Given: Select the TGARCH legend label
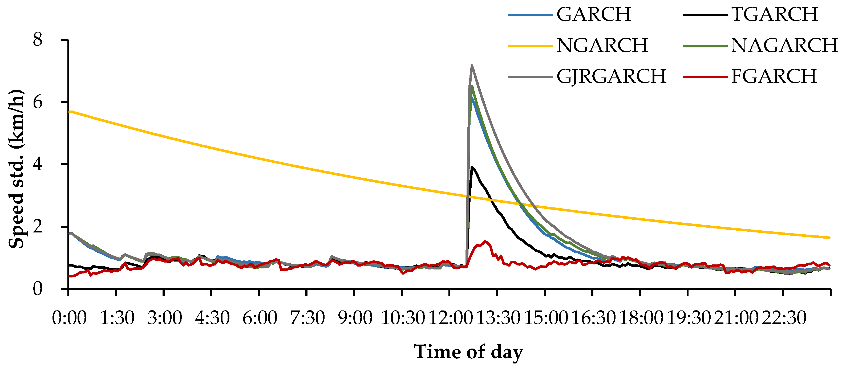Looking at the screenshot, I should click(x=774, y=14).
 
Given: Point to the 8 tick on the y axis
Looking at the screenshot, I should click(x=38, y=40).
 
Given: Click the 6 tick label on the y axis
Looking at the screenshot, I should click(x=38, y=102).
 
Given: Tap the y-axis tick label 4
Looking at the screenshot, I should click(x=38, y=164).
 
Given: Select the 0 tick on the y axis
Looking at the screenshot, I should click(x=38, y=289).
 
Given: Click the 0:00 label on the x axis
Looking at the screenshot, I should click(x=69, y=318).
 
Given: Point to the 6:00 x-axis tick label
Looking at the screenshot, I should click(x=260, y=318).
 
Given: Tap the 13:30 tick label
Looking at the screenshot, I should click(x=498, y=318).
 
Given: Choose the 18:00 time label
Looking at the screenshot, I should click(x=641, y=318).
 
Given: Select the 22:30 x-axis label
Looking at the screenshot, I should click(x=784, y=318).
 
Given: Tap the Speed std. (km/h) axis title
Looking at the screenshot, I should click(x=16, y=169).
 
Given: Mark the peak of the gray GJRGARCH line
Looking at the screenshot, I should click(x=472, y=65).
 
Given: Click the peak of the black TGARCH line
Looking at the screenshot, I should click(x=472, y=167).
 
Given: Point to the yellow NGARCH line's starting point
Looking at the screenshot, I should click(x=69, y=112).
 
